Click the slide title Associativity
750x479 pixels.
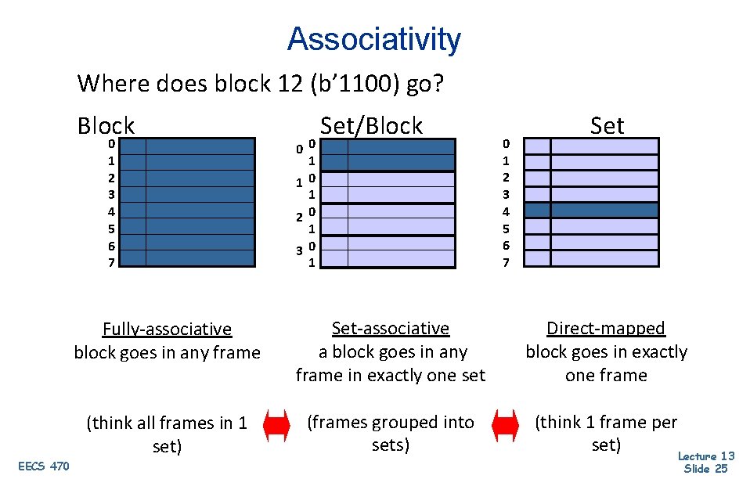(373, 38)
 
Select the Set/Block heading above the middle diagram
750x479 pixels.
(371, 125)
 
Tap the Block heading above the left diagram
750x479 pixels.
(106, 125)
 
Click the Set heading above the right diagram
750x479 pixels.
(607, 125)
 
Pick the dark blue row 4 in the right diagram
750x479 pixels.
(591, 211)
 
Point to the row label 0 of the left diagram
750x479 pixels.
(112, 144)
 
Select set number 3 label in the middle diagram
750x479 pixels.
(299, 250)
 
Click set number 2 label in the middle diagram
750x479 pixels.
(299, 218)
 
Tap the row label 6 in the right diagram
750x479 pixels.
(506, 245)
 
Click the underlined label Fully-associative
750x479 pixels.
(167, 329)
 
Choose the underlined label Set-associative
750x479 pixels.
(391, 328)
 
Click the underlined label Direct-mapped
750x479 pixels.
(606, 328)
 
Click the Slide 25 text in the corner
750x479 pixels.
(705, 468)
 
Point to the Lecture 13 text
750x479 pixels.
(705, 456)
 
